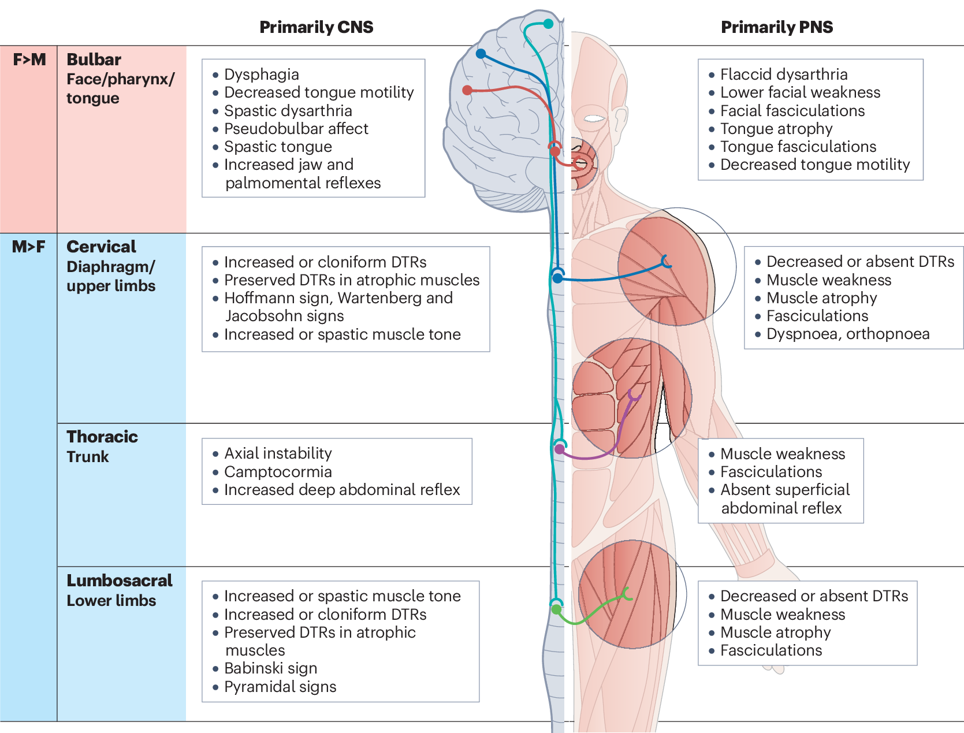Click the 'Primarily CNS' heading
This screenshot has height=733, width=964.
316,27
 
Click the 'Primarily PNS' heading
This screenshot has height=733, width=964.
777,27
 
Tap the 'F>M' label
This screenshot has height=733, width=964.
29,59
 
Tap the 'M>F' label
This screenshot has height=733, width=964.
28,247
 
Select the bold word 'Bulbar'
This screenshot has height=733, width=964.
94,59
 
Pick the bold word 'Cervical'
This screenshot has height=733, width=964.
101,247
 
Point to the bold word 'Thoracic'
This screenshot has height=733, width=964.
102,437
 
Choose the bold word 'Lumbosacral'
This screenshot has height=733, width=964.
120,581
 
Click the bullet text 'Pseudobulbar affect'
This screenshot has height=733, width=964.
296,129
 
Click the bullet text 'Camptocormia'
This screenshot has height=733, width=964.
278,472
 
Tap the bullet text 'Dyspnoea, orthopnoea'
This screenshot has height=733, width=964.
847,334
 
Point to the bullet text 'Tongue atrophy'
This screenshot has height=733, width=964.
776,129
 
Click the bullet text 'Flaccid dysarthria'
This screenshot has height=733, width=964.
784,75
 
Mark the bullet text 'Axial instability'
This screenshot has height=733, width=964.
278,453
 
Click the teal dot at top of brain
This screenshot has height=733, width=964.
548,24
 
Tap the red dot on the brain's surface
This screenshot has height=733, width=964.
467,90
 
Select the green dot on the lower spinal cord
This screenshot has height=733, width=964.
556,609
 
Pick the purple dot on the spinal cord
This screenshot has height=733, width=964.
559,449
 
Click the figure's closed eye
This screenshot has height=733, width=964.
594,119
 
